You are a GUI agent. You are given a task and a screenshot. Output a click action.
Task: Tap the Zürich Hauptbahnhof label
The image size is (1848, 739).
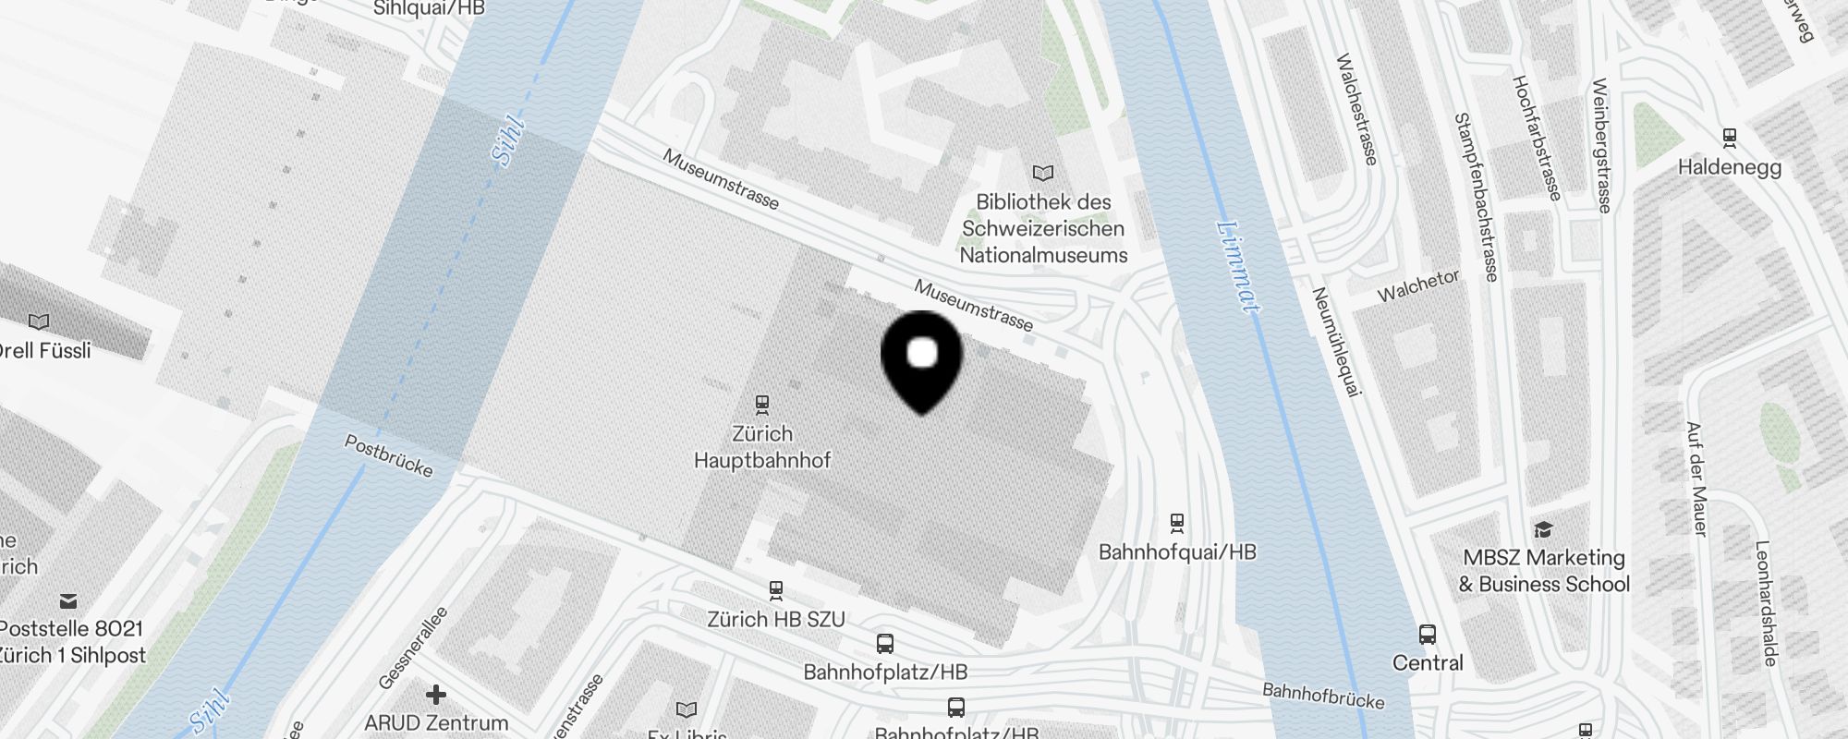coord(762,447)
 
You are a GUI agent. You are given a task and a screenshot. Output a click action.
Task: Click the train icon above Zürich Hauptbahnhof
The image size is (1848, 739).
coord(762,404)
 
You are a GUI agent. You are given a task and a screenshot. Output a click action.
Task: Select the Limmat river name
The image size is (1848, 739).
coord(1238,267)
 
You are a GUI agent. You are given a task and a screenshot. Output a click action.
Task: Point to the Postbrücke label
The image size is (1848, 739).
coord(388,455)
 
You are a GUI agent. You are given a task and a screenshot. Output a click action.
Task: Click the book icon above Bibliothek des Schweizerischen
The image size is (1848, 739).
coord(1043,173)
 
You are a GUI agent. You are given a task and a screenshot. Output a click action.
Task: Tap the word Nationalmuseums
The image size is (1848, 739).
coord(1043,255)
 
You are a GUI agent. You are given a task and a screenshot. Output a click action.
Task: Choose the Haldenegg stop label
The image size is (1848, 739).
coord(1729,167)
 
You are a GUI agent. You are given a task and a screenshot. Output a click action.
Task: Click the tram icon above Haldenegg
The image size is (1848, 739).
coord(1730,139)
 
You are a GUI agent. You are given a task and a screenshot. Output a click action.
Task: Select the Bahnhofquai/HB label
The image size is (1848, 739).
coord(1177,552)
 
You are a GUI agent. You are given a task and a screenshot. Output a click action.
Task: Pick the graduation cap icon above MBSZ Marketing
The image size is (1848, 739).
coord(1543,529)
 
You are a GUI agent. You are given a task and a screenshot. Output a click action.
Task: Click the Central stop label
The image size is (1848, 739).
coord(1428,662)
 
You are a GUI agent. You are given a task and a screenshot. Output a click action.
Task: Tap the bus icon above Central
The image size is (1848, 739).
coord(1428,635)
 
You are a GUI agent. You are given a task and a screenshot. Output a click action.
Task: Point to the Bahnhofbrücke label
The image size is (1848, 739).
coord(1323,695)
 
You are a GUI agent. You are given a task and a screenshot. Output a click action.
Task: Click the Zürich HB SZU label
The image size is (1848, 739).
coord(776,619)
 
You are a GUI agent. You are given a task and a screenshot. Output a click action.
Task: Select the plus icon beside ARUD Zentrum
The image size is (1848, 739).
coord(436,694)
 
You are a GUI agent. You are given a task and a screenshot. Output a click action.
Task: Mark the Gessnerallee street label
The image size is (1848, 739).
coord(412,648)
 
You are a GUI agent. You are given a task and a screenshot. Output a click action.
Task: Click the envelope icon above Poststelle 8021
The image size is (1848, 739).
coord(68,601)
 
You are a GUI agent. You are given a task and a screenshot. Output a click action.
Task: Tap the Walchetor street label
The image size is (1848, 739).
coord(1418,285)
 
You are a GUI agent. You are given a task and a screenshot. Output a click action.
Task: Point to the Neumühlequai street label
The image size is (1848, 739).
coord(1337,342)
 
